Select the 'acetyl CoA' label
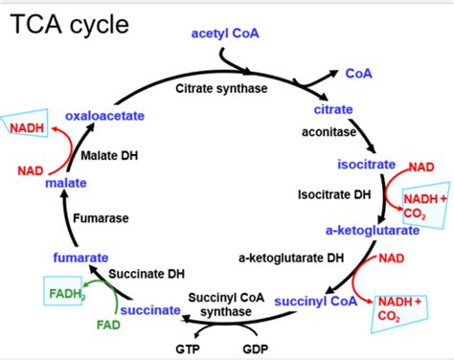(x=225, y=34)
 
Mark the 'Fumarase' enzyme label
(x=103, y=218)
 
